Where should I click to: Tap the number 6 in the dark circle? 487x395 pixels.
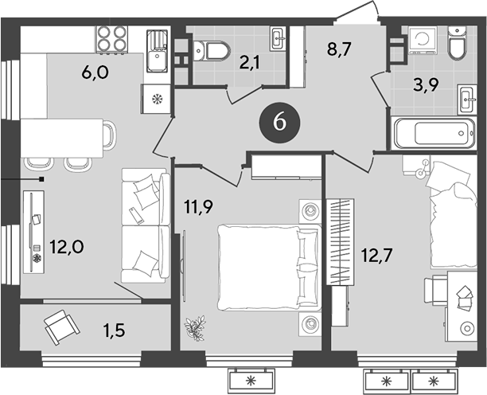[x=279, y=123]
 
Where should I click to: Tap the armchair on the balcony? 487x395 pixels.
[x=60, y=324]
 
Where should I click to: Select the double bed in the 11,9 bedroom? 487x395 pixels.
[x=267, y=267]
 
